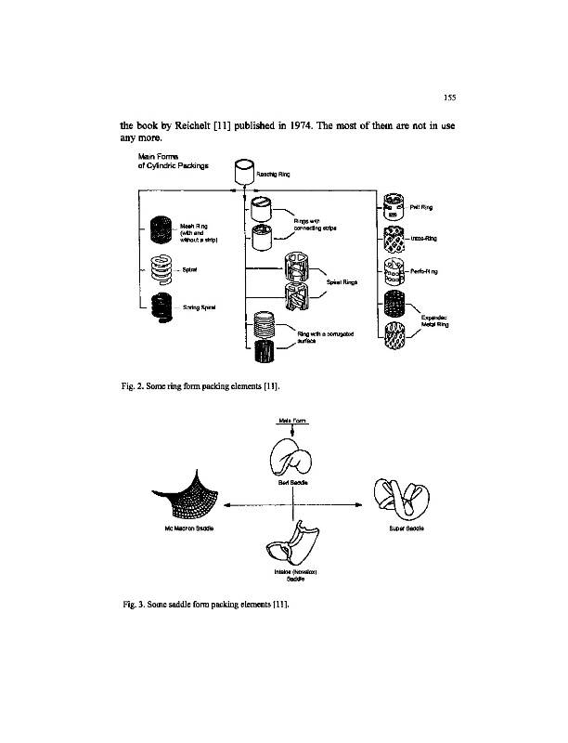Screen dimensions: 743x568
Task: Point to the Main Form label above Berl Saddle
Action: point(292,420)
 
